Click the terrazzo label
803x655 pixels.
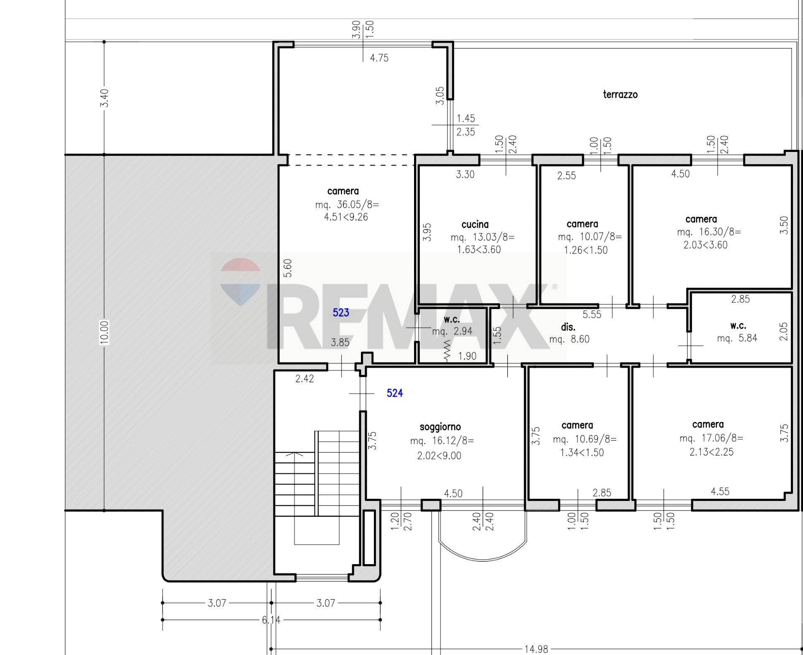pos(620,95)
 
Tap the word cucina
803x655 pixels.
pos(475,224)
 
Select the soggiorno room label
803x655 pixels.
pos(440,427)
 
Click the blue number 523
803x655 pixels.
pos(341,313)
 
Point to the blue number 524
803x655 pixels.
pos(395,393)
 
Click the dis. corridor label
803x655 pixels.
pos(568,327)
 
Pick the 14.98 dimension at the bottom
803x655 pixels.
pos(536,649)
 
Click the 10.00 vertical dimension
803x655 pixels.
pos(105,332)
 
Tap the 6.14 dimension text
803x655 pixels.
pos(271,619)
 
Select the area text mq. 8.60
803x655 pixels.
pos(569,339)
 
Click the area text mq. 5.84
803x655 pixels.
pos(737,338)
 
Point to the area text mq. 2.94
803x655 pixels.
pos(452,331)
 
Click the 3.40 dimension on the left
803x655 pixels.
pos(105,98)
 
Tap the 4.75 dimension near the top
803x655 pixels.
pos(379,58)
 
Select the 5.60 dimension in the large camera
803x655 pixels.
pos(288,268)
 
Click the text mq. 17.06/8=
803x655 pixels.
pos(711,439)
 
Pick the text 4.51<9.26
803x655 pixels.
pos(346,217)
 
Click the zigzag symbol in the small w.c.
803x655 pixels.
pos(447,351)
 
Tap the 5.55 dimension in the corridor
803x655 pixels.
pos(592,315)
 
